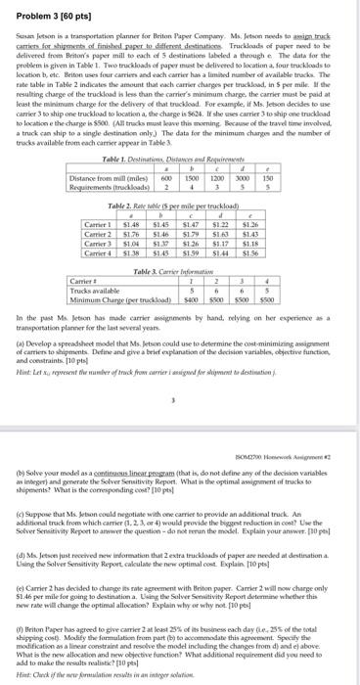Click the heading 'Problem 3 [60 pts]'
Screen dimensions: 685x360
point(41,9)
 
